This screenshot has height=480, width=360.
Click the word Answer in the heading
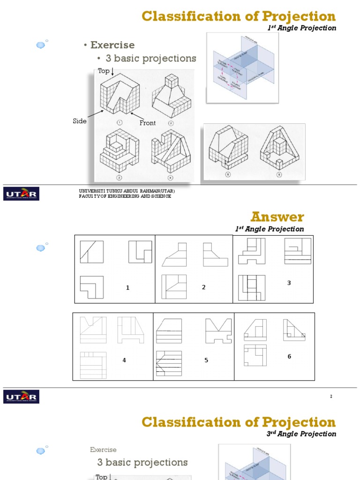coord(277,217)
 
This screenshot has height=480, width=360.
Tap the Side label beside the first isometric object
coord(80,121)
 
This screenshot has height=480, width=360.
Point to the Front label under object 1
coord(148,123)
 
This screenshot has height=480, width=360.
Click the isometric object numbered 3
coord(119,151)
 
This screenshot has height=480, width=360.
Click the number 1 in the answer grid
coord(127,288)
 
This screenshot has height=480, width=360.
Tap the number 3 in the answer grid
coord(289,283)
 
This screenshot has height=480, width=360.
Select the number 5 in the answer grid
coord(206,360)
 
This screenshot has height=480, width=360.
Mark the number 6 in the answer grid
coord(289,357)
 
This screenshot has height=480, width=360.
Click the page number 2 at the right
coord(331,397)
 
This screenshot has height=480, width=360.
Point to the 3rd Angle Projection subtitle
coord(301,434)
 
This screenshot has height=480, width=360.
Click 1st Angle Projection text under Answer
coord(270,229)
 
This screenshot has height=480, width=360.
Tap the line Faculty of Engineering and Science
coord(125,196)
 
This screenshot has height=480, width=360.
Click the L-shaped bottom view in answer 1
coord(91,287)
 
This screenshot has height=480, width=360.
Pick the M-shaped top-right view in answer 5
coord(218,330)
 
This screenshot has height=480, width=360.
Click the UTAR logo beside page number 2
coord(22,397)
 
